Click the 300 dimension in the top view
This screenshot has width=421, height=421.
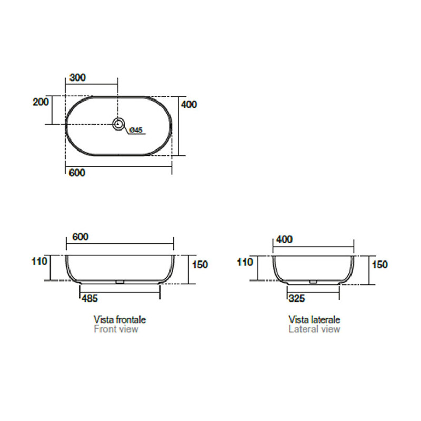pos(77,77)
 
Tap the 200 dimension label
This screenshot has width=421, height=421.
pos(41,102)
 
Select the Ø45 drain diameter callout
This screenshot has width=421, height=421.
pos(136,130)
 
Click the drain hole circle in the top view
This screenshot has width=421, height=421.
pos(118,124)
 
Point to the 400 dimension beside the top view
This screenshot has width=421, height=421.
pos(189,104)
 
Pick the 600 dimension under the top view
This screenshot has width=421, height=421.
pos(77,173)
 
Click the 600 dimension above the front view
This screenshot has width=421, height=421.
pos(81,237)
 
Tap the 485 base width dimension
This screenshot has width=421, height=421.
pos(89,298)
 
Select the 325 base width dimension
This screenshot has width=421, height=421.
pos(297,298)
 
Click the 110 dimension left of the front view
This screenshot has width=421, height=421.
pos(39,261)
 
